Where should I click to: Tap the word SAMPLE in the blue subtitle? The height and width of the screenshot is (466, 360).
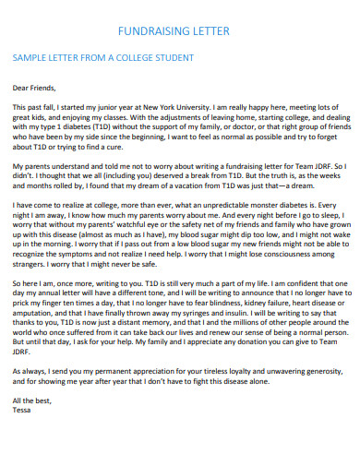point(29,59)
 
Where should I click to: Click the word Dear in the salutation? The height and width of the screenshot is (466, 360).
point(21,90)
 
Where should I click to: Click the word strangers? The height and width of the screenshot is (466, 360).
point(31,263)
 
